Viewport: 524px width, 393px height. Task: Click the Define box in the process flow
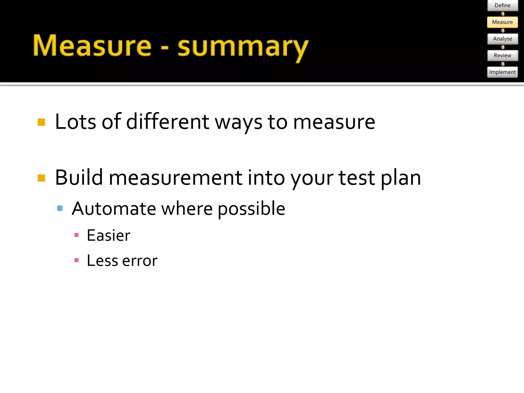click(503, 5)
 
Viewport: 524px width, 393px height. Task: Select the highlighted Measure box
click(503, 22)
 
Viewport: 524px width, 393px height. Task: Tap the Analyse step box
click(503, 39)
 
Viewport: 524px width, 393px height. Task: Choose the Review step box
click(503, 56)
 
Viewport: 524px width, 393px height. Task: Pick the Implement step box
click(503, 72)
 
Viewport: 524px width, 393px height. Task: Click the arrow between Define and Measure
click(503, 14)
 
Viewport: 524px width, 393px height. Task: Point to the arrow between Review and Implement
click(503, 64)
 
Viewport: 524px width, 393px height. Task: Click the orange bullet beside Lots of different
click(41, 122)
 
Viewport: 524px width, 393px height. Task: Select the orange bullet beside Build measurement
click(41, 178)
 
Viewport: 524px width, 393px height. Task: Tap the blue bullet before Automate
click(60, 208)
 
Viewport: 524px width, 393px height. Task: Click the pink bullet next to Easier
click(76, 235)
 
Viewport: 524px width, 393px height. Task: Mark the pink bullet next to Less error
click(76, 260)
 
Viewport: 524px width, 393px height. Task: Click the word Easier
click(108, 235)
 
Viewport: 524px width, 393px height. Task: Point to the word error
click(140, 261)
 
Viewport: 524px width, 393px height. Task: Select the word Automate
click(114, 209)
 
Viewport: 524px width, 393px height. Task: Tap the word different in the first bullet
click(168, 122)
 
